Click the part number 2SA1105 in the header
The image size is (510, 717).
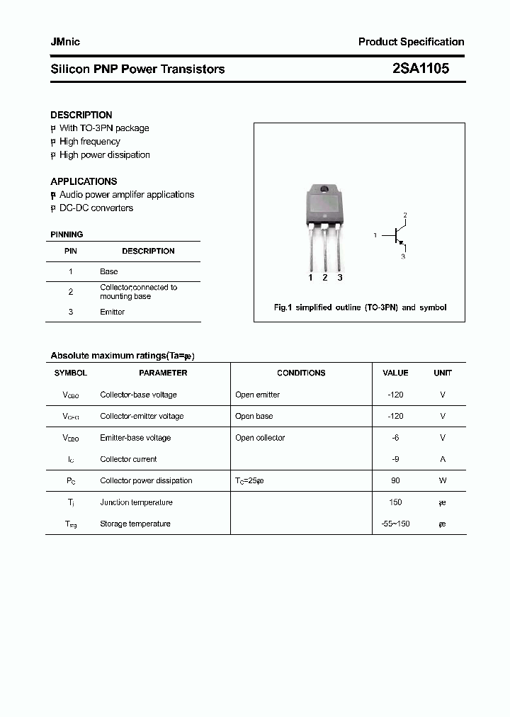click(x=420, y=69)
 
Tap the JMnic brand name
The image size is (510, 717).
click(x=65, y=42)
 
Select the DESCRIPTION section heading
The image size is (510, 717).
click(x=81, y=115)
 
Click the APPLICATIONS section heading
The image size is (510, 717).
click(x=84, y=181)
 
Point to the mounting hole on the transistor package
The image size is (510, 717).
click(x=325, y=189)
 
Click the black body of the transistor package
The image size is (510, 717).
click(x=324, y=205)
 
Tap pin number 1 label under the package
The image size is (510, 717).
click(x=310, y=278)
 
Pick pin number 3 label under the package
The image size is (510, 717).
click(x=340, y=278)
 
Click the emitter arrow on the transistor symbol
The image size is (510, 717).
click(x=401, y=244)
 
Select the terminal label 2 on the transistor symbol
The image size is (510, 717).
click(x=404, y=215)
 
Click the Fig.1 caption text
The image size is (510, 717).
click(x=360, y=307)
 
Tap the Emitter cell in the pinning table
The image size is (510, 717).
click(x=112, y=312)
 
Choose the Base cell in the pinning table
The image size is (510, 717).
click(x=109, y=271)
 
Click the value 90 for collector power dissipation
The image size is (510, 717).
click(x=395, y=480)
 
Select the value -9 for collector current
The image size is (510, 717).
click(x=395, y=459)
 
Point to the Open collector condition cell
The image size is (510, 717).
click(x=260, y=438)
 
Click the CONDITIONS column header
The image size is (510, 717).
click(x=301, y=373)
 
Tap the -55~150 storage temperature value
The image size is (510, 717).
click(x=395, y=524)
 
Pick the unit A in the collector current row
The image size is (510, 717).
click(x=443, y=459)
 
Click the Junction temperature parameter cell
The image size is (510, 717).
click(x=136, y=502)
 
